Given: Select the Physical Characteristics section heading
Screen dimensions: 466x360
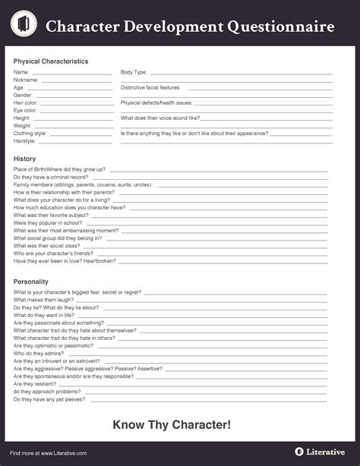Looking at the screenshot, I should (51, 61).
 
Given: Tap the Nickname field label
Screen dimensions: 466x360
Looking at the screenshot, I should (26, 80).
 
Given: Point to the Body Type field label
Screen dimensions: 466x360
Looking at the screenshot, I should (134, 72).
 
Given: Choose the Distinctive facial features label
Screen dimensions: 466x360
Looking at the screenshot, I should (150, 87).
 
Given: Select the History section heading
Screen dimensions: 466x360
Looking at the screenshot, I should (24, 159).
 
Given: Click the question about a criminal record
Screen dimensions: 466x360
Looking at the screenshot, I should (51, 177).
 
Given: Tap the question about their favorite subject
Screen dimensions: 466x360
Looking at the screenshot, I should (51, 215).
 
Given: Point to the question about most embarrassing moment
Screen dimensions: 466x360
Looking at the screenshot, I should (66, 231).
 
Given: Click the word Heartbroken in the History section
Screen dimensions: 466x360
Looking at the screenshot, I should (101, 261).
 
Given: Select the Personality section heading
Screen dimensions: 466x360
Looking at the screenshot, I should (33, 282).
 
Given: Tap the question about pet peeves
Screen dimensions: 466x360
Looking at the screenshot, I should (49, 398).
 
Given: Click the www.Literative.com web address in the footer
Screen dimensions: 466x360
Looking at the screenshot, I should (64, 453).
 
